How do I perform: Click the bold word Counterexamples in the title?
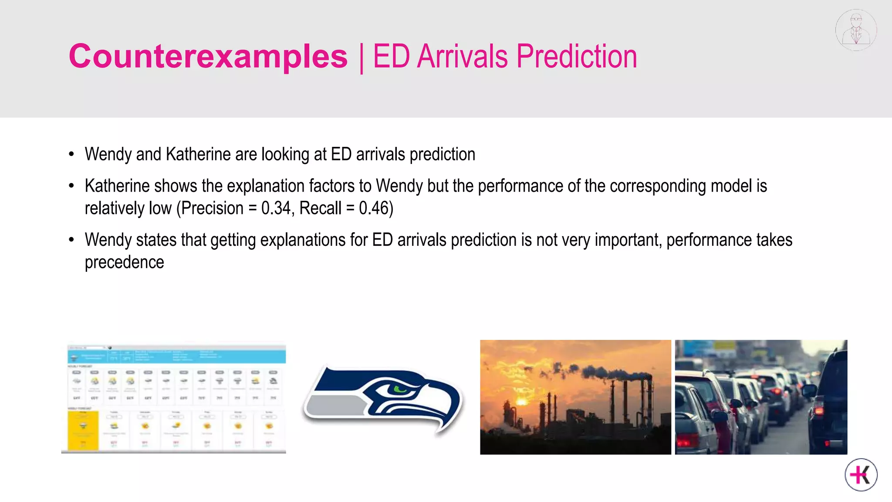208,57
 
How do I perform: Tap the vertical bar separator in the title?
361,58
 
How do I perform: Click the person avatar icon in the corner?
856,30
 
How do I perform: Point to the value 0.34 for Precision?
275,208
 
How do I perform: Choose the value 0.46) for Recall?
376,208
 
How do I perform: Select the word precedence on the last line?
124,262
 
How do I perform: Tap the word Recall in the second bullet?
320,208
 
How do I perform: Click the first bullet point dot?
71,155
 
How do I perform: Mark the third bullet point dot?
71,240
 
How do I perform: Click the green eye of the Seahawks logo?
399,389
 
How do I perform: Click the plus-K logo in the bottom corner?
861,475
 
